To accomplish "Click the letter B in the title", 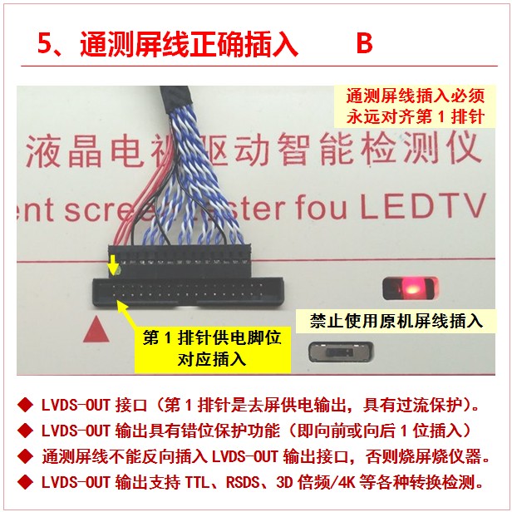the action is point(364,43).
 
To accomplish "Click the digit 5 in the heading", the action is point(45,43).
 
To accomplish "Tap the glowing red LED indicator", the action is point(410,288).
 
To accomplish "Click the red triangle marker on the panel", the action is point(96,329).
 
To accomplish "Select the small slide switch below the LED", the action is point(340,352).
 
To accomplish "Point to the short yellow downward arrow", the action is point(113,264).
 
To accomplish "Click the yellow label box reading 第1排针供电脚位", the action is point(212,349).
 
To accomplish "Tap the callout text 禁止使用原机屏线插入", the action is point(396,321).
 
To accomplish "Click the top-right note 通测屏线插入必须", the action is point(416,96).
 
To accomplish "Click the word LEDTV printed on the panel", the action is point(423,207).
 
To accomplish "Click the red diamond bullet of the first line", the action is point(25,405).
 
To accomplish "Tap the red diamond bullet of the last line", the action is point(25,482).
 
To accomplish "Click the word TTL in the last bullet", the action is point(197,482).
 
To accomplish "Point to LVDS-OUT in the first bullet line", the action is point(76,406).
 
